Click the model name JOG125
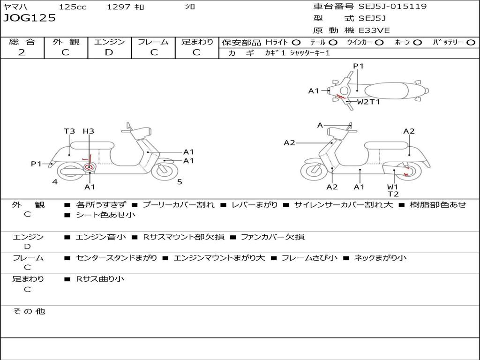[x=30, y=18]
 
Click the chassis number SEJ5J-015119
[x=392, y=7]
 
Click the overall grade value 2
[x=22, y=52]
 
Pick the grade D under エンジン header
[x=109, y=52]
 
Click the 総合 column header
[x=22, y=42]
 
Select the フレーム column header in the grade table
[x=153, y=42]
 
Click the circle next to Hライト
[x=296, y=42]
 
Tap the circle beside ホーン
[x=418, y=42]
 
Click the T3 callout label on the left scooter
[x=69, y=131]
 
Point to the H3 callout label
[x=88, y=131]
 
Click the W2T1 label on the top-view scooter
[x=368, y=101]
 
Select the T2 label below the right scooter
[x=393, y=194]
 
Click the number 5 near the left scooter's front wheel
[x=180, y=182]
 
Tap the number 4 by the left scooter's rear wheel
[x=55, y=182]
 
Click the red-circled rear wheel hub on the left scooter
[x=89, y=167]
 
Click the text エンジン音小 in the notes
[x=101, y=237]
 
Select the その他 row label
[x=29, y=311]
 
